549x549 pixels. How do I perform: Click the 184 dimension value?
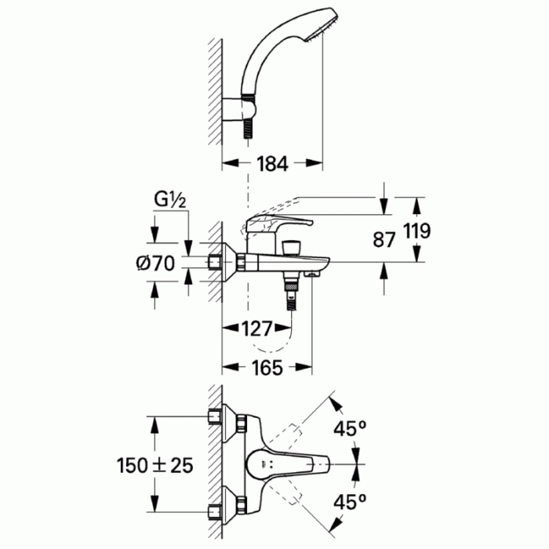(x=273, y=164)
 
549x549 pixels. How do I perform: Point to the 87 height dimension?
(x=384, y=240)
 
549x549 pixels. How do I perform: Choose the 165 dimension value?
(x=268, y=367)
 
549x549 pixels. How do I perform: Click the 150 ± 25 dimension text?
(x=155, y=465)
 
